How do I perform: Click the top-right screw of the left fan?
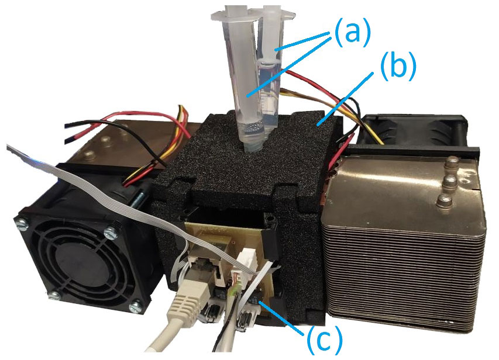[109, 234]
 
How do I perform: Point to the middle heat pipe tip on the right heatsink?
[449, 181]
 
